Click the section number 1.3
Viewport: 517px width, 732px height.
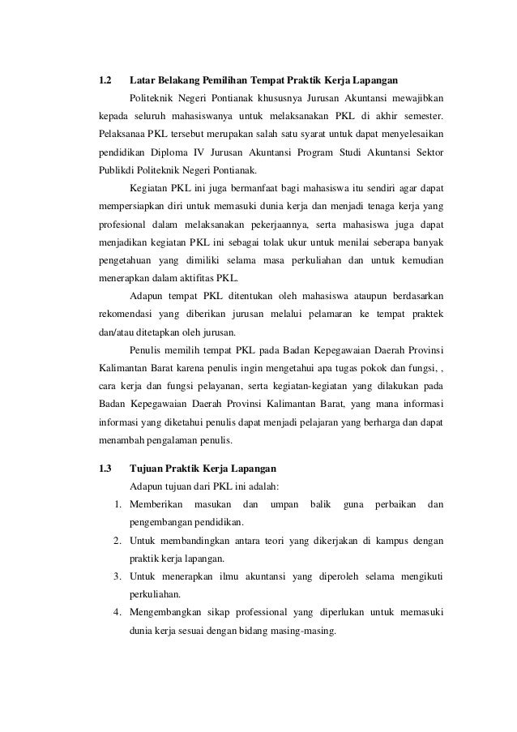point(104,469)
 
